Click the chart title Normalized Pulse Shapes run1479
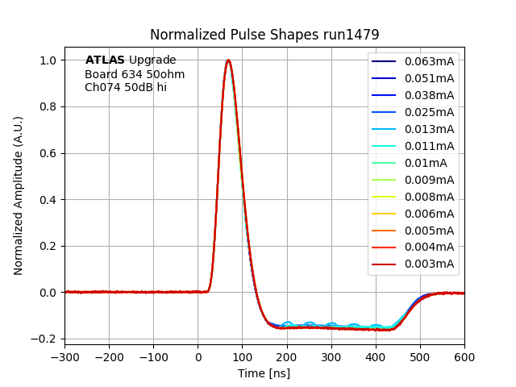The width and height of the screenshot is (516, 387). coord(264,35)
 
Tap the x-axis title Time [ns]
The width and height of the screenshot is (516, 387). coord(264,373)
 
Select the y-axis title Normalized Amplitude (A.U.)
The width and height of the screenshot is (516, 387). coord(19,195)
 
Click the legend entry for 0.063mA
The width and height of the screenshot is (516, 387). coord(429,61)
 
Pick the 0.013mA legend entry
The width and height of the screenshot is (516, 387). coord(429,129)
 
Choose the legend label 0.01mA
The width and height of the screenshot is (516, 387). coord(426,163)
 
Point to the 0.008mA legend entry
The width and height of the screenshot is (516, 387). coord(429,197)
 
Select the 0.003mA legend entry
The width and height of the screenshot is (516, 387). coord(429,264)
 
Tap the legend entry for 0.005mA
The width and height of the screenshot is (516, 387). coord(429,231)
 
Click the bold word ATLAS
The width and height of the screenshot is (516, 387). coord(105,60)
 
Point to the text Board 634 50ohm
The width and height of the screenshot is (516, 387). coord(135,75)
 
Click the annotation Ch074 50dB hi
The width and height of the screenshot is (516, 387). coord(126,87)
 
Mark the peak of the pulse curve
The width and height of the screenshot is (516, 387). coord(228,60)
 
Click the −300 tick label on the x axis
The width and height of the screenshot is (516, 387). coord(64,355)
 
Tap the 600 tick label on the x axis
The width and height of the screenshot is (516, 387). coord(464,355)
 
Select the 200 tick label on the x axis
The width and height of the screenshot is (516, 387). coord(286,355)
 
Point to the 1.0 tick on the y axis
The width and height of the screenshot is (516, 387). coord(49,60)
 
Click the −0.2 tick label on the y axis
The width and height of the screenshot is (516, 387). coord(46,339)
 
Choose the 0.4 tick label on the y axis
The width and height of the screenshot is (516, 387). coord(49,200)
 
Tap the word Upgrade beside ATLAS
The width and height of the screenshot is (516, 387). coord(152,60)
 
